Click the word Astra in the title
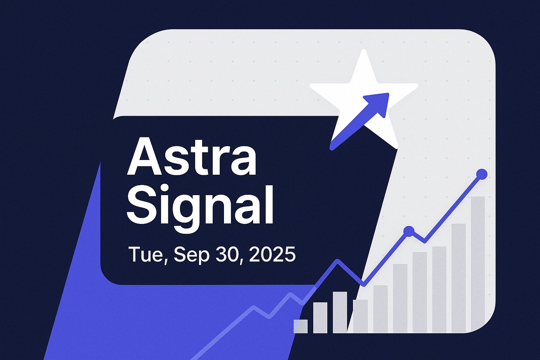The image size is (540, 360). tap(192, 156)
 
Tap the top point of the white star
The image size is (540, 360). tap(364, 50)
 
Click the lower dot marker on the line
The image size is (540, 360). tap(409, 231)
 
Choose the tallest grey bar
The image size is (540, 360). tap(477, 264)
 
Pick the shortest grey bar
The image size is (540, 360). tap(301, 327)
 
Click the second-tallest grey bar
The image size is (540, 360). tap(458, 278)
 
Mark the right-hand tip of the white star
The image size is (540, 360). tap(417, 85)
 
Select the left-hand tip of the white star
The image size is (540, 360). tap(310, 85)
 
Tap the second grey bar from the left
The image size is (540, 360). tap(320, 317)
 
